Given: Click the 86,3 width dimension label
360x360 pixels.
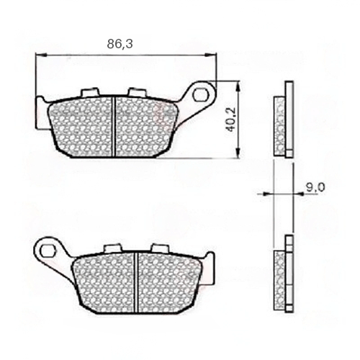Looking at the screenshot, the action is (120, 44).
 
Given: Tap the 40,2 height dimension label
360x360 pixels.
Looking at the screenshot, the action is (231, 119).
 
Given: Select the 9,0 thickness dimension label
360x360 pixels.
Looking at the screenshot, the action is (315, 187).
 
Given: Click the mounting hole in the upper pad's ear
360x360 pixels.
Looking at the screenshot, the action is (199, 94).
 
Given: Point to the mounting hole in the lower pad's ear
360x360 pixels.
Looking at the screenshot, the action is (47, 251).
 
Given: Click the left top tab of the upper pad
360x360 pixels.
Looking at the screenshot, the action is (90, 92).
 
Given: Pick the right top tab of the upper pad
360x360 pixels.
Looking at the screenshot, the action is (136, 92).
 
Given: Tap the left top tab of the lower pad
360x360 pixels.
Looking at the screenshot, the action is (112, 248).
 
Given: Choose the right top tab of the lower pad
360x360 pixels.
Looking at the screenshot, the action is (159, 248).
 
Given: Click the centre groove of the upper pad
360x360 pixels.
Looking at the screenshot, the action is (114, 127).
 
